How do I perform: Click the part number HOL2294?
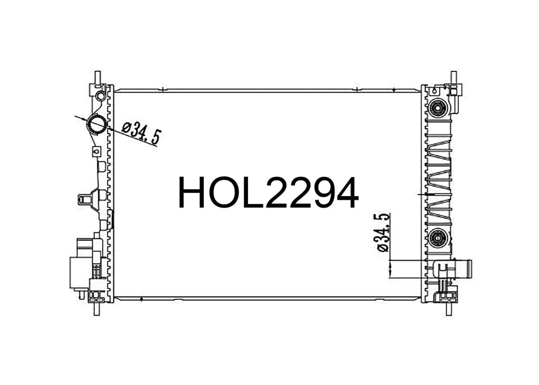pyautogui.click(x=268, y=192)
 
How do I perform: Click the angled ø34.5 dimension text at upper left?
pyautogui.click(x=141, y=133)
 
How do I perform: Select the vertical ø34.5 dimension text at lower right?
pyautogui.click(x=383, y=232)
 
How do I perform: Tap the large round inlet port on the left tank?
pyautogui.click(x=97, y=124)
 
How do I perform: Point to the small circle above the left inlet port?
pyautogui.click(x=101, y=95)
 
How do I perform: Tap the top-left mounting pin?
pyautogui.click(x=97, y=77)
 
